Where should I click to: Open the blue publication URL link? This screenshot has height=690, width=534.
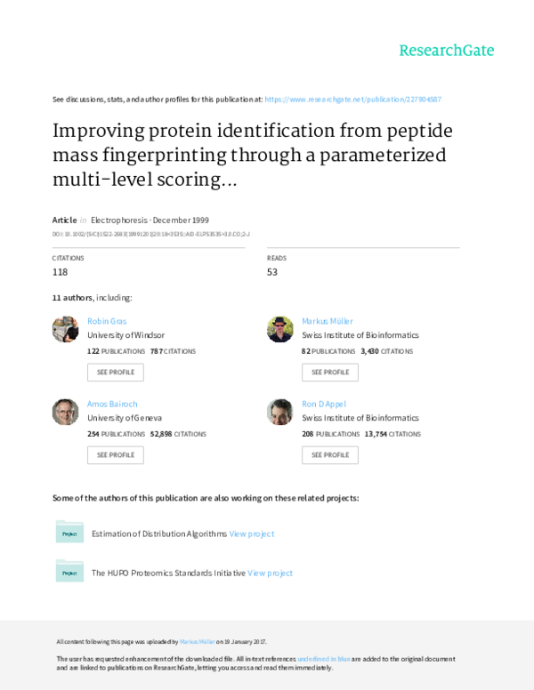tap(352, 100)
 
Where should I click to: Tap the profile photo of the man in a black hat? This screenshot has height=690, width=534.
tap(279, 329)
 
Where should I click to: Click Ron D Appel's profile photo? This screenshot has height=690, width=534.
tap(279, 411)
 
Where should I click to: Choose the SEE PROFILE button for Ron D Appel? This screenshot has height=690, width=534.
tap(329, 454)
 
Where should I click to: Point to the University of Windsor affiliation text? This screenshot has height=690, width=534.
tap(126, 336)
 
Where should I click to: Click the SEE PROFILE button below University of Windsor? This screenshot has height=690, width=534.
tap(115, 372)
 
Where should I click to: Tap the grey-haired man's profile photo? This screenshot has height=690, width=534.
tap(65, 411)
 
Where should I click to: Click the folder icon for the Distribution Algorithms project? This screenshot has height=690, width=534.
tap(69, 532)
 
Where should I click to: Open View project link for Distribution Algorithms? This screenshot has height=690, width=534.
tap(252, 534)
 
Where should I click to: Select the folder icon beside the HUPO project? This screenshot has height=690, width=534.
tap(69, 572)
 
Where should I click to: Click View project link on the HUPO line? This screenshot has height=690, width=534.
tap(270, 574)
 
